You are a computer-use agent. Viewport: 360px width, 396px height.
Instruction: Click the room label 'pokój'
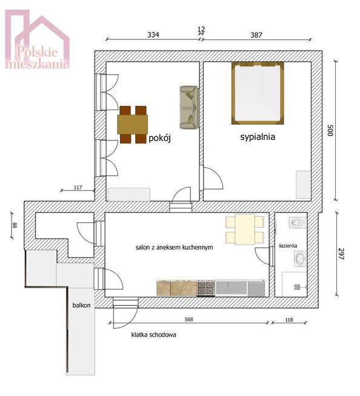pyautogui.click(x=159, y=138)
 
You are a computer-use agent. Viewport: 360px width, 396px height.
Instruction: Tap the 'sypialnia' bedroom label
pyautogui.click(x=258, y=137)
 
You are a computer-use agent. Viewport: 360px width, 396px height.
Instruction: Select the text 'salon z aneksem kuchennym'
pyautogui.click(x=174, y=248)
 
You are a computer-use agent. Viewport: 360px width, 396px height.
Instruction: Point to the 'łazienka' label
pyautogui.click(x=288, y=245)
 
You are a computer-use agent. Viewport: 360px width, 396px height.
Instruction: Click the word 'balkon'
pyautogui.click(x=81, y=305)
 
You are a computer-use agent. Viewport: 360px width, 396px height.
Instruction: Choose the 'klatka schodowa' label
pyautogui.click(x=154, y=335)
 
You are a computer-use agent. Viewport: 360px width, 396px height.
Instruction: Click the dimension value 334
pyautogui.click(x=153, y=35)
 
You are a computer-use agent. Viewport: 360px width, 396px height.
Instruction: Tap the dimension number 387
pyautogui.click(x=256, y=35)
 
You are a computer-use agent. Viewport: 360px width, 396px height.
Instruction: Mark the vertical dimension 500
pyautogui.click(x=330, y=130)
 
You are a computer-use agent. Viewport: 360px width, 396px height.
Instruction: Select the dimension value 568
pyautogui.click(x=188, y=320)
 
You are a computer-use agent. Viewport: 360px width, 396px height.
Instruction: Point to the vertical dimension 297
pyautogui.click(x=341, y=254)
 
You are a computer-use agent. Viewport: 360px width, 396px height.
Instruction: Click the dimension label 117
pyautogui.click(x=78, y=187)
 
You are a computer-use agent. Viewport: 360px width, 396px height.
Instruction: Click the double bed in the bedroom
pyautogui.click(x=258, y=93)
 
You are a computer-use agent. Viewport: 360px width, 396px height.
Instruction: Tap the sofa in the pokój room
pyautogui.click(x=189, y=108)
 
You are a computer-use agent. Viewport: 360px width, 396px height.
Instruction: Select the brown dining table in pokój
pyautogui.click(x=133, y=125)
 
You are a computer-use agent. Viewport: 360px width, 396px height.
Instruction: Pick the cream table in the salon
pyautogui.click(x=245, y=229)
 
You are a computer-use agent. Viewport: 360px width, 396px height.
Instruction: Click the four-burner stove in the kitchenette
pyautogui.click(x=205, y=288)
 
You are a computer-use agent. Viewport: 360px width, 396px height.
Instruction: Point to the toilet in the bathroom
pyautogui.click(x=298, y=223)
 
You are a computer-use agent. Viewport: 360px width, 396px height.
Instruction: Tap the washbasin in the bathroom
pyautogui.click(x=301, y=259)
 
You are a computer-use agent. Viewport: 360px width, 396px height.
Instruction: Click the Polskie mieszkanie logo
pyautogui.click(x=37, y=39)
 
